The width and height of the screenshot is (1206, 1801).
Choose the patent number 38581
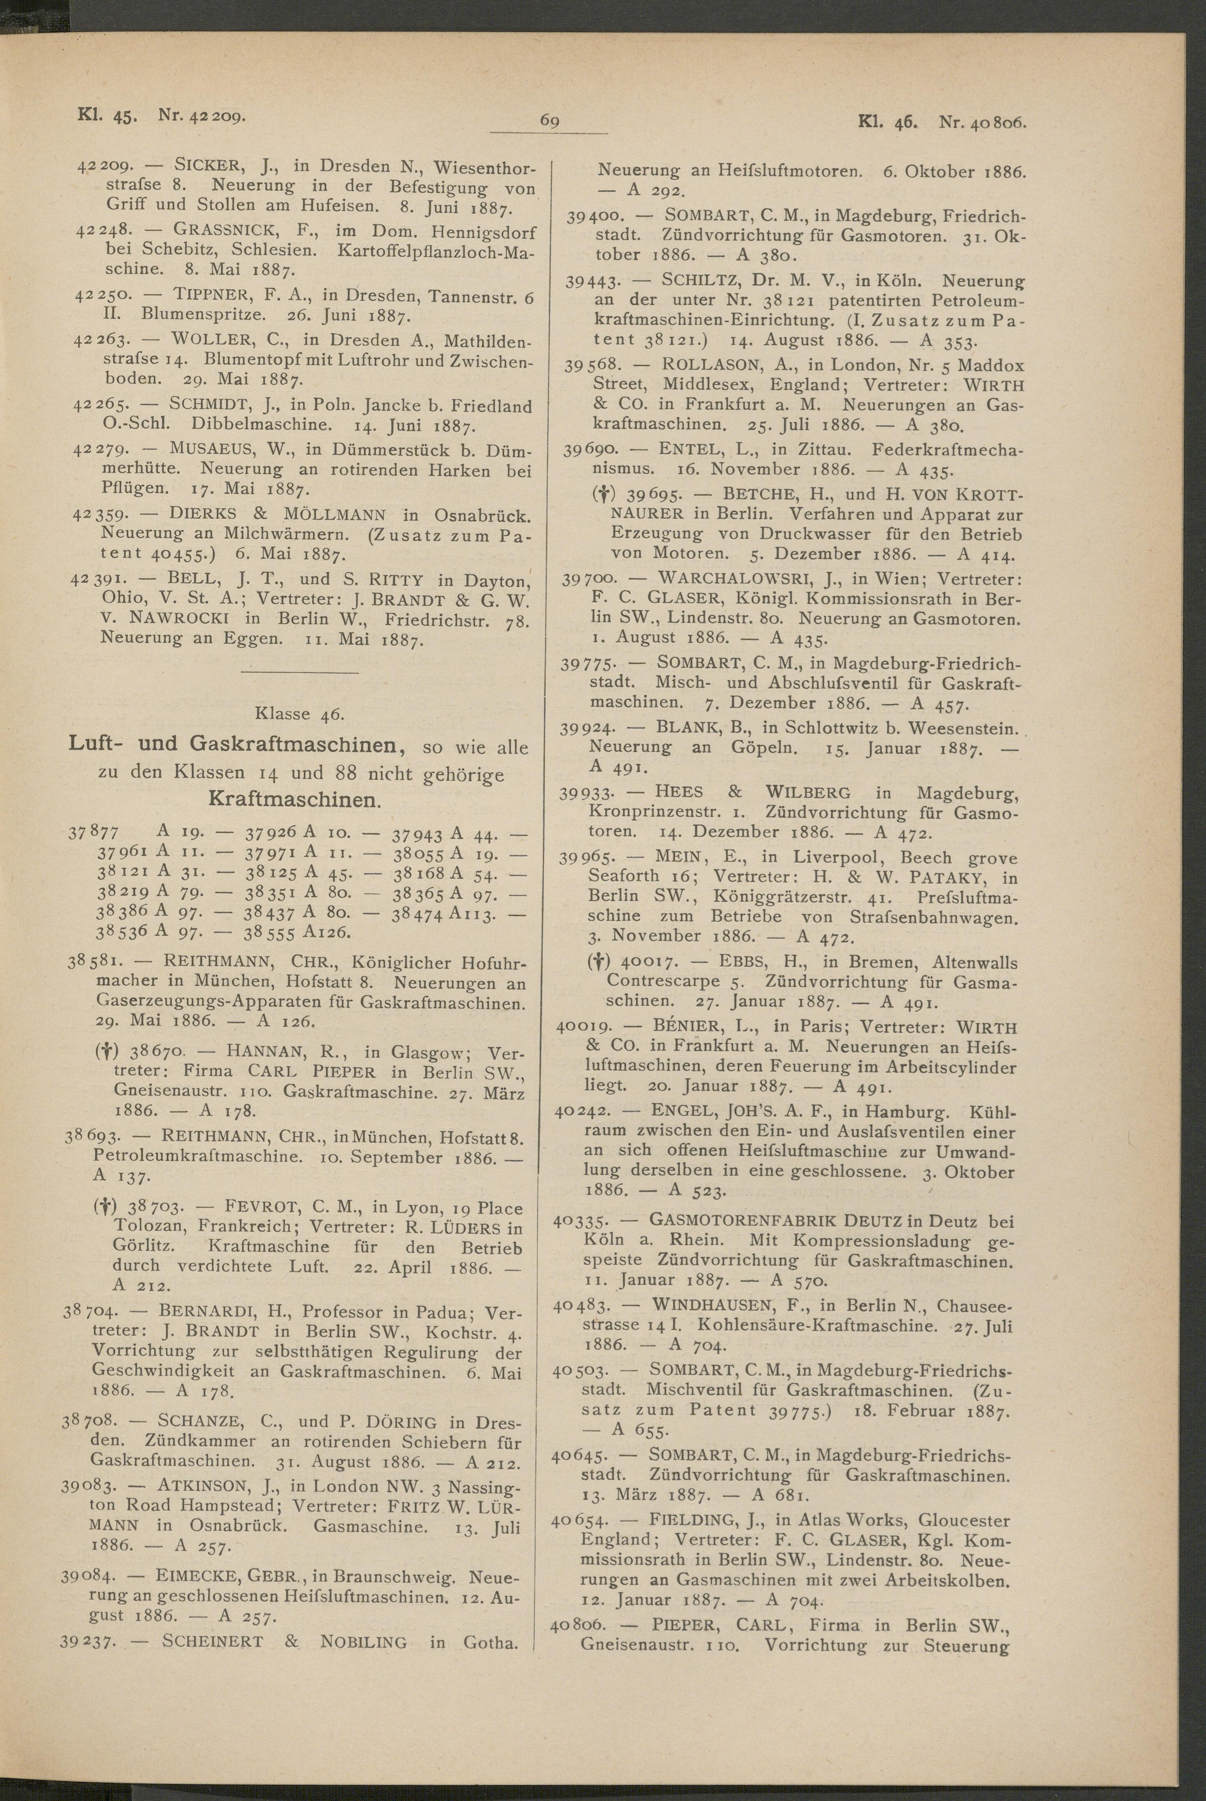click(91, 963)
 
